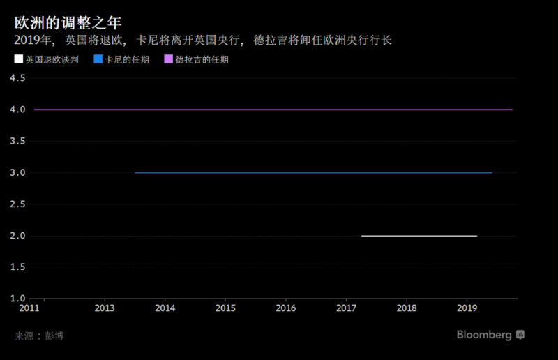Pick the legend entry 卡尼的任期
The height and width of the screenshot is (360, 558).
tap(126, 60)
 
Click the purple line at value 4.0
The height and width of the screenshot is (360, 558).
tap(272, 110)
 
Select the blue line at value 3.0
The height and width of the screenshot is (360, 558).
tap(314, 172)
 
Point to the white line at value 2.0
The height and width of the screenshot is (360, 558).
tap(418, 236)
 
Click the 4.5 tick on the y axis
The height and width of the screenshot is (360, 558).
tap(17, 78)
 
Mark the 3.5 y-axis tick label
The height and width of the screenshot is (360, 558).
tap(17, 141)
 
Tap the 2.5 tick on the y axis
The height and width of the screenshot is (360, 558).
tap(17, 204)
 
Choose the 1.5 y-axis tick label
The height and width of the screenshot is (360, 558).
tap(17, 267)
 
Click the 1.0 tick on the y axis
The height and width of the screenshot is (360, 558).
tap(17, 299)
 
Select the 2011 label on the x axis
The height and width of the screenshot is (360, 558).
tap(29, 308)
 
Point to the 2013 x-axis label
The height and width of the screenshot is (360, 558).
tap(104, 308)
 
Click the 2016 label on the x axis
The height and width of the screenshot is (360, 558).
tap(285, 308)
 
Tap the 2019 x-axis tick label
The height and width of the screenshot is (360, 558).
tap(467, 308)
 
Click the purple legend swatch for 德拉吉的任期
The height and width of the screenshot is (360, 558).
tap(168, 60)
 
